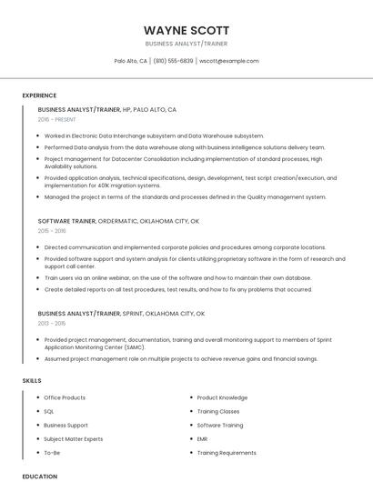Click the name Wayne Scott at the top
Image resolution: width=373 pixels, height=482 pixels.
[x=186, y=30]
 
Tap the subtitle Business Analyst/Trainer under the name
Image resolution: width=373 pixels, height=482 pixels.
[x=186, y=44]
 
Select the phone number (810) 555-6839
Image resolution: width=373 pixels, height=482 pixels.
[x=173, y=61]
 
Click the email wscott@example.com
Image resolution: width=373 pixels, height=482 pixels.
[x=229, y=61]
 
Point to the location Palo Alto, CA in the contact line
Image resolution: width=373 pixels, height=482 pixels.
[x=131, y=61]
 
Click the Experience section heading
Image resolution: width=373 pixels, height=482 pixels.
[x=39, y=95]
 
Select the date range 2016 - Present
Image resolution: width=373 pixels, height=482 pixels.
[x=56, y=119]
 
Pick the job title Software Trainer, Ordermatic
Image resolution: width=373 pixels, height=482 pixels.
[x=118, y=221]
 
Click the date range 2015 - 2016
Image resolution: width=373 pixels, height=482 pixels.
[x=52, y=231]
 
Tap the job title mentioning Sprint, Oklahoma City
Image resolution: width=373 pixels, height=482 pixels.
[x=121, y=314]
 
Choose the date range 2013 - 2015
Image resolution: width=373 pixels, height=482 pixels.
[x=52, y=324]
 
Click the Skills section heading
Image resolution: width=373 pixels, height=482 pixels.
[x=32, y=380]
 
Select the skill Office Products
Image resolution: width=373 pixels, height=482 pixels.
[x=65, y=397]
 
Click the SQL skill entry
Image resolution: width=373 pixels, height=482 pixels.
[x=49, y=411]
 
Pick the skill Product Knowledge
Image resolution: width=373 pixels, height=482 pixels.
[x=222, y=397]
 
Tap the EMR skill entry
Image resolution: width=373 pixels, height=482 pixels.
[x=204, y=438]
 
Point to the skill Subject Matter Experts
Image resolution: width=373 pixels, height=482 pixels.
[x=73, y=438]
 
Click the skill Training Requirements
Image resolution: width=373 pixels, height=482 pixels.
[x=227, y=452]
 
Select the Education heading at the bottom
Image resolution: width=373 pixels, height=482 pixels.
[x=39, y=476]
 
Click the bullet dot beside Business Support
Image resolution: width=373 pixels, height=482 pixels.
[x=36, y=425]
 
